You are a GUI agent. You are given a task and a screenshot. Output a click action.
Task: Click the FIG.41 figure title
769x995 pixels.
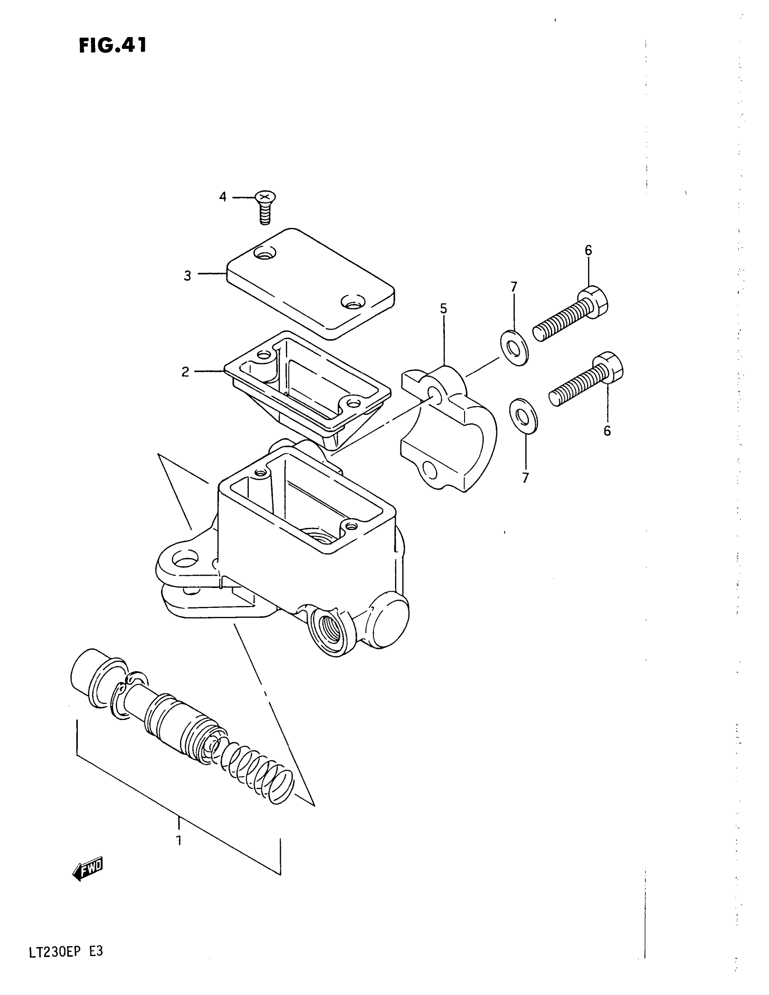[x=113, y=46]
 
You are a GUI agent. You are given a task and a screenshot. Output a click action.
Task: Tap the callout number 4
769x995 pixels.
[x=222, y=197]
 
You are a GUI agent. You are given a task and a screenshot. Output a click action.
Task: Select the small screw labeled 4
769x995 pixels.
[x=264, y=207]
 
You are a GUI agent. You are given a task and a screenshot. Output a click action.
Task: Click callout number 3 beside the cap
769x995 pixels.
[x=187, y=275]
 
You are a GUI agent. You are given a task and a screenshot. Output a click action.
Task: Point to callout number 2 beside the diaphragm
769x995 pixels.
[x=185, y=372]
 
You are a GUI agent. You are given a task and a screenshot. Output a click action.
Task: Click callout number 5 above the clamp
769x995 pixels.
[x=443, y=308]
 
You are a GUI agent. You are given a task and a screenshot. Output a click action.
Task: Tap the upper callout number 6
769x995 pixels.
[x=588, y=250]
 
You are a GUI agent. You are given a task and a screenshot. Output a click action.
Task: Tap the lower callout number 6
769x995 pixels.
[x=607, y=431]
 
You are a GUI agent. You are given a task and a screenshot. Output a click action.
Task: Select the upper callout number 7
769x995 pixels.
[x=513, y=287]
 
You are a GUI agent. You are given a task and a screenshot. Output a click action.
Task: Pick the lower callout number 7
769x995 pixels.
[x=525, y=478]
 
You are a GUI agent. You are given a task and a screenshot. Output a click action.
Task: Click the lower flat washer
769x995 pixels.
[x=523, y=416]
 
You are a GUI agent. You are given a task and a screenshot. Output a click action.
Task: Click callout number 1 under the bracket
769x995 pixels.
[x=179, y=840]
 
